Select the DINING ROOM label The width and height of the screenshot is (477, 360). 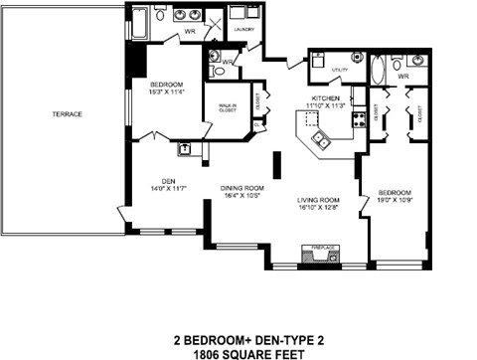click(241, 188)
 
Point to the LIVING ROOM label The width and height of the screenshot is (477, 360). click(318, 200)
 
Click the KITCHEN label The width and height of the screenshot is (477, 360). click(326, 98)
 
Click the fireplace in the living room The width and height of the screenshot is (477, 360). click(318, 256)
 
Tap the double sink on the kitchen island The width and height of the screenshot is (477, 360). click(320, 137)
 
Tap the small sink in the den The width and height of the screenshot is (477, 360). click(184, 149)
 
